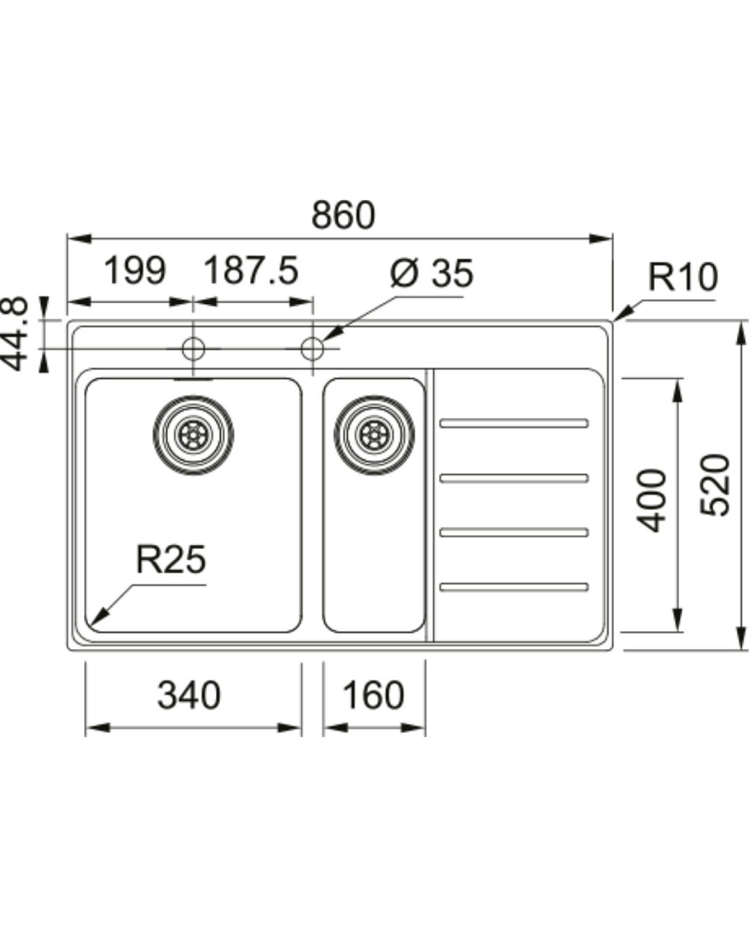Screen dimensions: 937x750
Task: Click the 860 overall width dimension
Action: [342, 215]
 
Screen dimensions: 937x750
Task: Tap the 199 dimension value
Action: [135, 271]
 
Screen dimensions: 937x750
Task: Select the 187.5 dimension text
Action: [251, 271]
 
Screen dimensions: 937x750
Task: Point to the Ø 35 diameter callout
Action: [431, 273]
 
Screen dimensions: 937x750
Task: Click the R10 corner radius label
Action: [682, 277]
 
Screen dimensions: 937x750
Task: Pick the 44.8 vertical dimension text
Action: [15, 333]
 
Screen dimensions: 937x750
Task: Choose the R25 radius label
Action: [171, 559]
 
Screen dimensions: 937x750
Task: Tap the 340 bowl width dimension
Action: [189, 695]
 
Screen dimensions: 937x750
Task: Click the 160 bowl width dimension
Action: [373, 695]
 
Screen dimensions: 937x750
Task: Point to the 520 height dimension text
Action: [715, 484]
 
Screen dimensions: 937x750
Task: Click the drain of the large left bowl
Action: [193, 435]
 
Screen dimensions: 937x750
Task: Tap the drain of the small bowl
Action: [374, 435]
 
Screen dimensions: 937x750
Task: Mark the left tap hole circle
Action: [193, 348]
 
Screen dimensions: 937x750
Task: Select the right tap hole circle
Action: [312, 348]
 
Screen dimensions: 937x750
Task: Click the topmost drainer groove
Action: [514, 423]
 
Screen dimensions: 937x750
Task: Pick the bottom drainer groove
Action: [514, 587]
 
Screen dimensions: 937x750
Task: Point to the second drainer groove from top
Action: [514, 478]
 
